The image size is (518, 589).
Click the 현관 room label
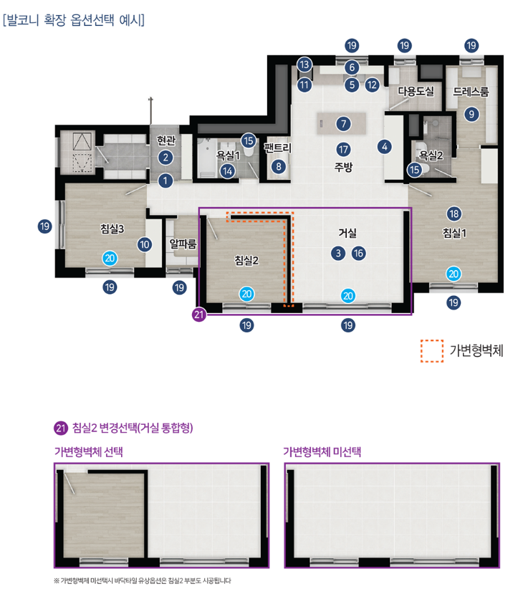166,140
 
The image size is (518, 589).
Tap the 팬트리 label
278,148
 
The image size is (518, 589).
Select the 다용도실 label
416,91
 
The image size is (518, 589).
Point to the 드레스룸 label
471,91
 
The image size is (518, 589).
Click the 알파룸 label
183,244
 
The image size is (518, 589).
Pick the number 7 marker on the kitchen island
343,123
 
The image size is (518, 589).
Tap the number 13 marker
304,64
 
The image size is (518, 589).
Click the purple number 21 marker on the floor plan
199,314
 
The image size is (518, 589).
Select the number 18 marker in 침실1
454,214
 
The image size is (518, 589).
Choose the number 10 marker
145,244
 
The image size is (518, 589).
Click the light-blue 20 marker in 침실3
110,259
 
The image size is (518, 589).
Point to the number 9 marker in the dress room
471,113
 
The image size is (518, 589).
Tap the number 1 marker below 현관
165,181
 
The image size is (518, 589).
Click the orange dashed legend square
432,351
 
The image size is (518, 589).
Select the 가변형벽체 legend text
476,350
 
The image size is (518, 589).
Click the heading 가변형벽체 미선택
322,451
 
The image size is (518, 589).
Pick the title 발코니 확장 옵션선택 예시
74,19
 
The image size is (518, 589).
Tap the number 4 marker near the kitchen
384,147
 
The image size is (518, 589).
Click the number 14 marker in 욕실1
227,171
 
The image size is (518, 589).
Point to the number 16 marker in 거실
359,253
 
